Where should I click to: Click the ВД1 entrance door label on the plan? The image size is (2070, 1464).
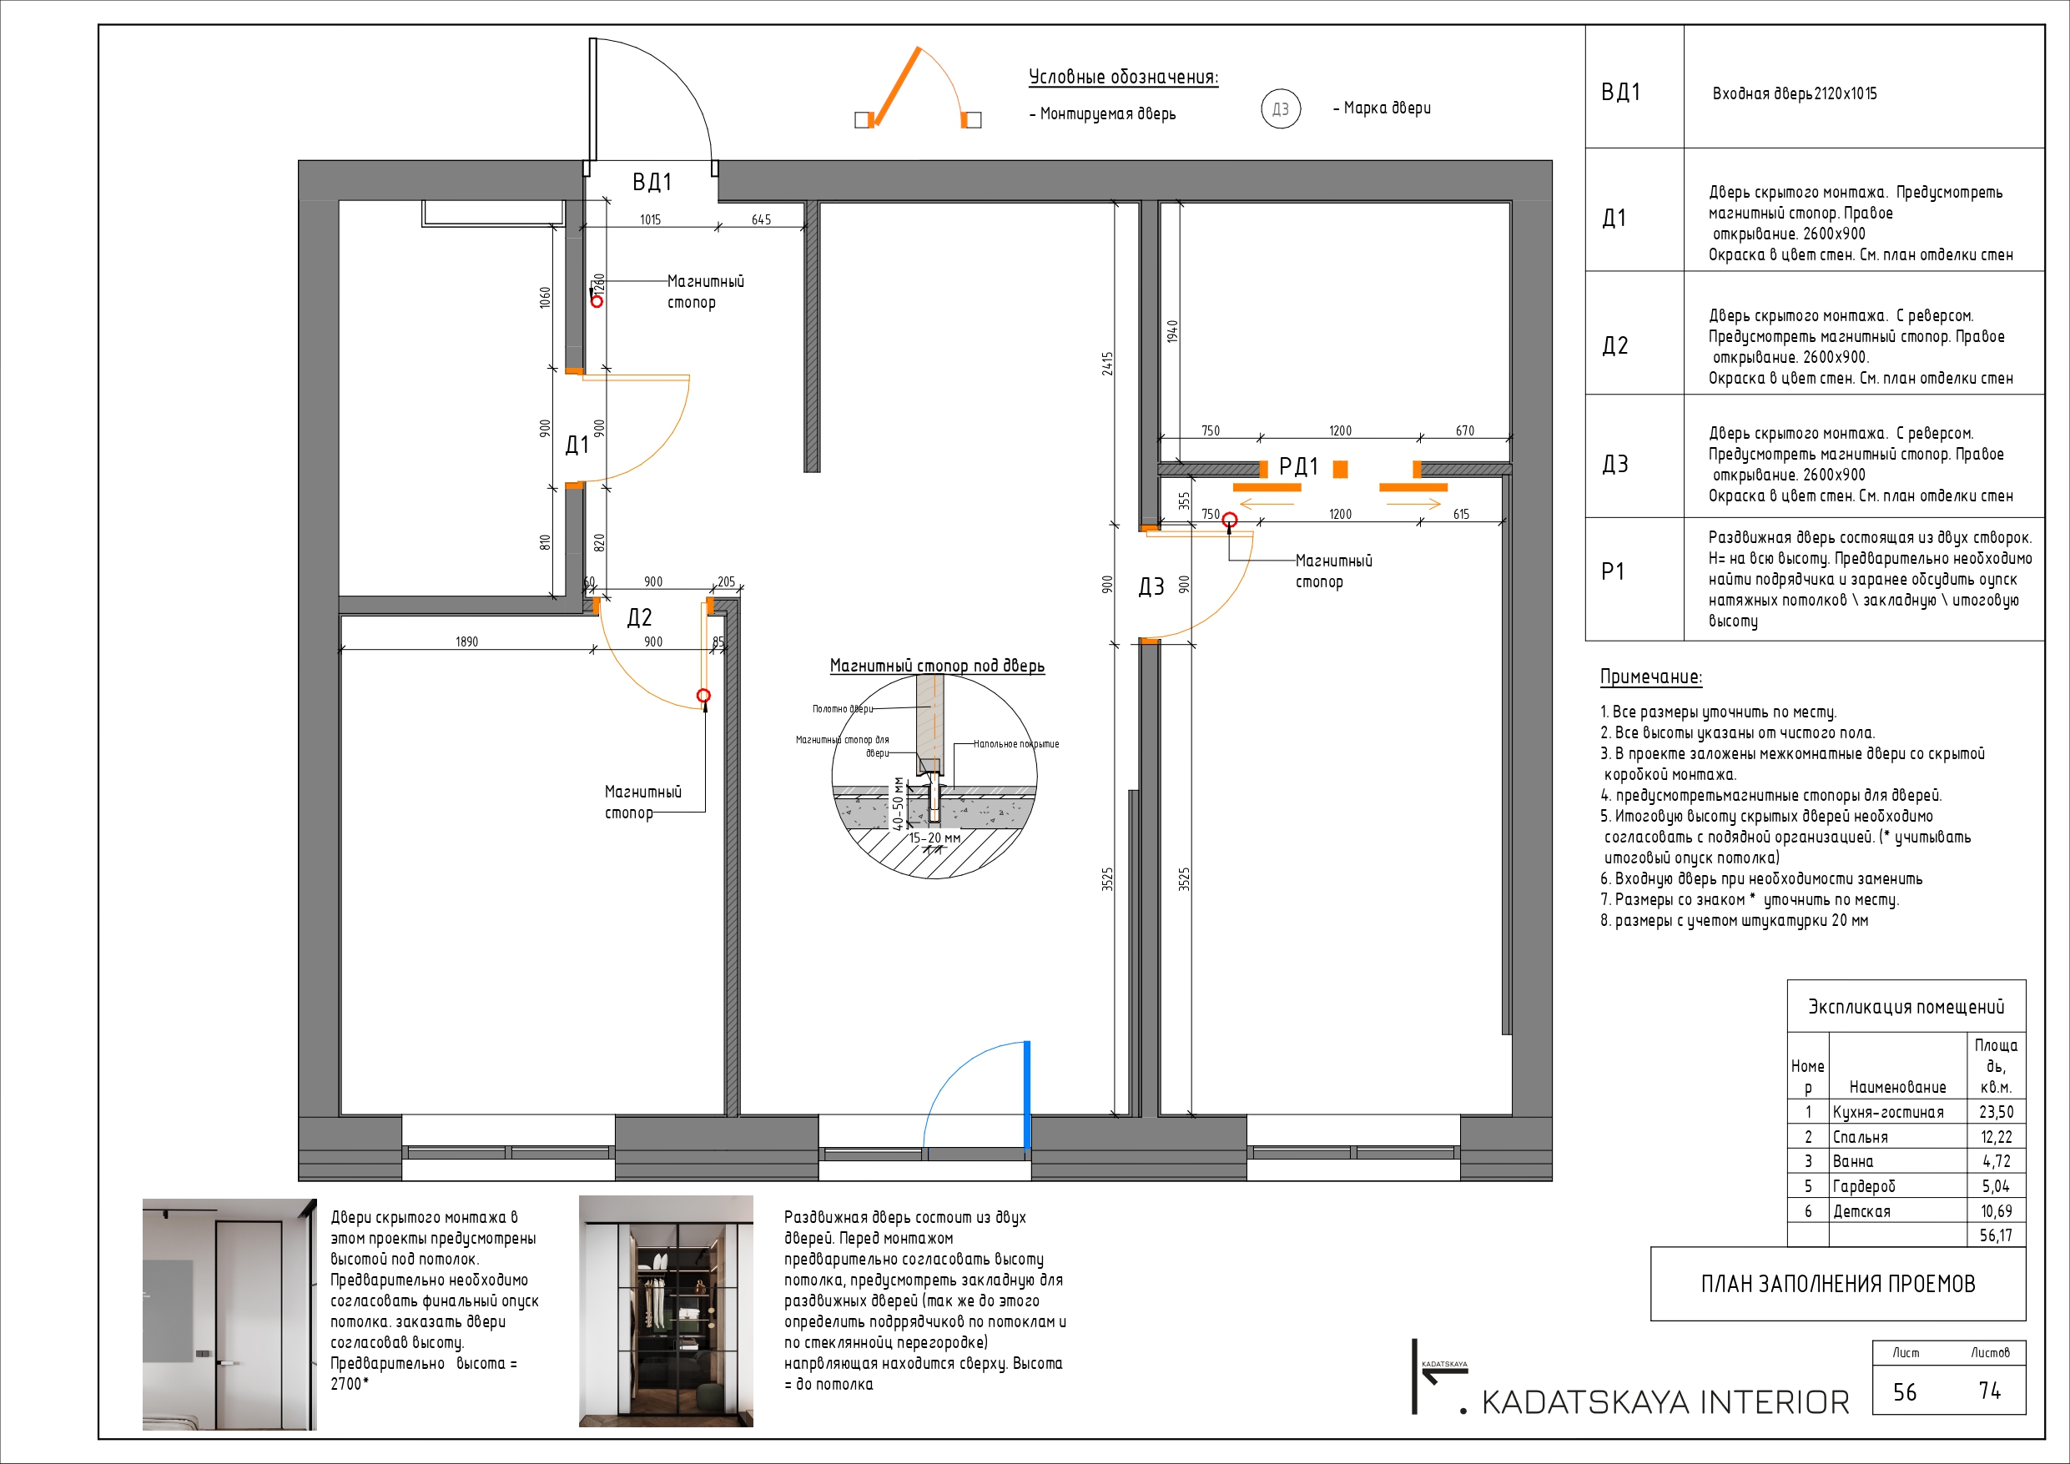(652, 182)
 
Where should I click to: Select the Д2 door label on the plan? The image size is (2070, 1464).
(639, 617)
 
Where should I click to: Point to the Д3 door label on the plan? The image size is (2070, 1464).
(1151, 587)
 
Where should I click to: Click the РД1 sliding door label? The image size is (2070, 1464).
(1298, 466)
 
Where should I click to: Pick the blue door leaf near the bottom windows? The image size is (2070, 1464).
(1027, 1095)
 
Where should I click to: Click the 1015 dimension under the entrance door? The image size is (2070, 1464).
(650, 219)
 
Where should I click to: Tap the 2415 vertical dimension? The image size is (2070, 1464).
(1107, 364)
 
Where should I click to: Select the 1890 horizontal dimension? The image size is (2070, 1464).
(466, 641)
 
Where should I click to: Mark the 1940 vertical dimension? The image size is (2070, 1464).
(1172, 331)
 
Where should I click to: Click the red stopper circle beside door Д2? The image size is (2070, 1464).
(704, 695)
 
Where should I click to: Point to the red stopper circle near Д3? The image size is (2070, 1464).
(1229, 521)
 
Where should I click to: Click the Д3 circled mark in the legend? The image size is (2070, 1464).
(1280, 109)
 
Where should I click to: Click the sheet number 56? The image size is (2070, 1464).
(1904, 1393)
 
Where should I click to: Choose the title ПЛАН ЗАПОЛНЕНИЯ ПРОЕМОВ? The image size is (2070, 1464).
(1837, 1284)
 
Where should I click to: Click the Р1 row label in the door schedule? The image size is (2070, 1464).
(1613, 571)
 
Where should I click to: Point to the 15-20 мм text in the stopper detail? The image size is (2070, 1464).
(934, 838)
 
